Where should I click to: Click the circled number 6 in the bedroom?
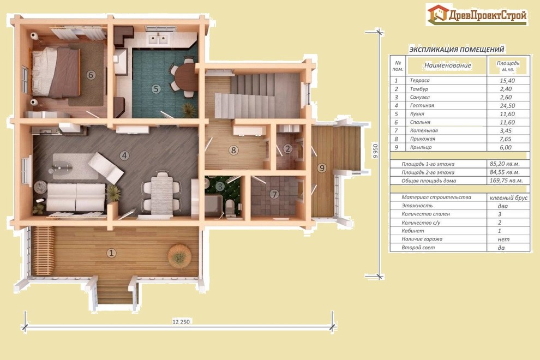click(x=91, y=75)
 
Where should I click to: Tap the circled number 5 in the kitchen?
click(x=156, y=89)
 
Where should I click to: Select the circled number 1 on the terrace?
click(x=111, y=253)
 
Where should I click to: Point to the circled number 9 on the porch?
click(x=322, y=168)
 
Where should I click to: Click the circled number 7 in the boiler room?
click(x=274, y=194)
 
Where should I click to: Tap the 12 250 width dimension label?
click(x=181, y=322)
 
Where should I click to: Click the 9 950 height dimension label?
click(x=375, y=151)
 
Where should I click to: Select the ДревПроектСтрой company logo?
click(x=477, y=15)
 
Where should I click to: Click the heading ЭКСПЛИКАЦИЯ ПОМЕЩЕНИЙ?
click(x=457, y=49)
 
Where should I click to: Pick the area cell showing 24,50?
click(x=507, y=106)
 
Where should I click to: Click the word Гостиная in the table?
click(x=422, y=105)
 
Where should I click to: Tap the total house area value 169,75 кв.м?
click(x=506, y=181)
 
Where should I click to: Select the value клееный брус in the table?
click(x=508, y=198)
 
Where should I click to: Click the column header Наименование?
click(x=448, y=65)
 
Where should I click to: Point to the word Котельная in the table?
click(x=424, y=130)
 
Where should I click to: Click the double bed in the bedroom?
click(x=56, y=73)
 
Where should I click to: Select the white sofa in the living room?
click(x=76, y=197)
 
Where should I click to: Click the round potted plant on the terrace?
click(x=179, y=256)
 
